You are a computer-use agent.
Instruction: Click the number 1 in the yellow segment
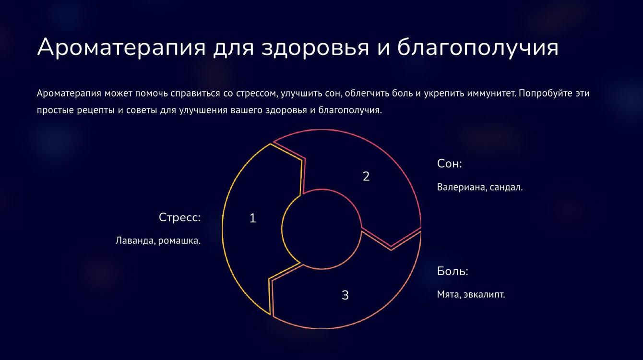click(x=252, y=218)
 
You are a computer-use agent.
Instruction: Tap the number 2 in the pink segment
click(x=366, y=176)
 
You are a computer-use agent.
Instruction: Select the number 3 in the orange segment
click(x=345, y=295)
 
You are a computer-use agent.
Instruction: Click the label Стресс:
click(x=179, y=217)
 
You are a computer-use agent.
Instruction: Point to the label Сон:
click(x=450, y=163)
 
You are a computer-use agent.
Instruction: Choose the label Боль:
click(x=452, y=271)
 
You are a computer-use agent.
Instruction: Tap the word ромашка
click(x=179, y=241)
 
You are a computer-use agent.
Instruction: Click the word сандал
click(x=506, y=187)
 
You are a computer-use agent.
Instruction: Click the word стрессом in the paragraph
click(x=257, y=94)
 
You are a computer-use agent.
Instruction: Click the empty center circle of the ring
click(x=321, y=229)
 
